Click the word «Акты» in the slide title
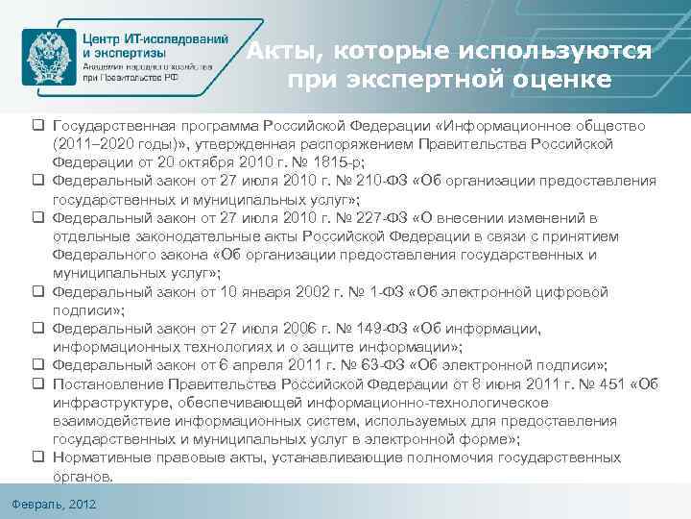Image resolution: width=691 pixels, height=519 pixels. click(279, 50)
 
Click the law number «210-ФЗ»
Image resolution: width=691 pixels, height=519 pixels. click(396, 180)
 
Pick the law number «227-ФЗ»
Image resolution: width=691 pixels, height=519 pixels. click(396, 219)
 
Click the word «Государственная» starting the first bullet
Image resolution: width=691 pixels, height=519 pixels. click(115, 125)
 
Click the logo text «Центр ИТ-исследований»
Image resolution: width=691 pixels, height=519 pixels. click(155, 38)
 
